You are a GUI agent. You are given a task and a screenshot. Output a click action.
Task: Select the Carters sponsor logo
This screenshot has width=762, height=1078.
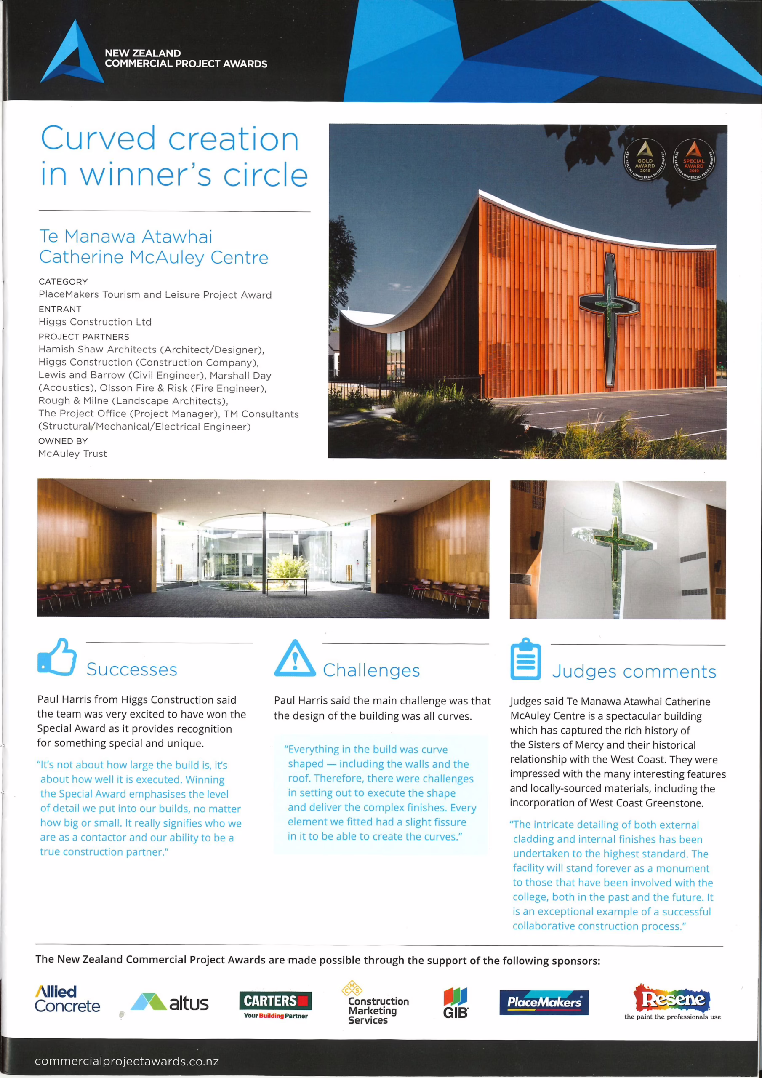coord(275,1004)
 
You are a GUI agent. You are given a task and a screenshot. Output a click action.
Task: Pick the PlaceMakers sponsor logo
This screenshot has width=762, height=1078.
coord(544,1002)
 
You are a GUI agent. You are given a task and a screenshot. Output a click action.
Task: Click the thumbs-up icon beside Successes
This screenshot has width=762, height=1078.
coord(57,657)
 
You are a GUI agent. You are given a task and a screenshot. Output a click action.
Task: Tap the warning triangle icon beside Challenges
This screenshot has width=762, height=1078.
coord(294,658)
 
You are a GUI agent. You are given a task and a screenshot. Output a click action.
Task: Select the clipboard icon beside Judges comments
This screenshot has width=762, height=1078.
coord(525,659)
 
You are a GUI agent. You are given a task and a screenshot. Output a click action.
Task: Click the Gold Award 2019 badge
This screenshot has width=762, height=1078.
coord(645,160)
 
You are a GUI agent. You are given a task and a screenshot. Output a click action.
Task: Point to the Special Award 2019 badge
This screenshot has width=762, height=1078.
coord(693,160)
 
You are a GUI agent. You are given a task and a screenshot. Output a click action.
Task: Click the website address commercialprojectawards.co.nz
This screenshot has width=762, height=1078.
coord(127,1061)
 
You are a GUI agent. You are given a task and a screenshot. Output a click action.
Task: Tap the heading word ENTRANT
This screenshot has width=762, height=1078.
coord(60,309)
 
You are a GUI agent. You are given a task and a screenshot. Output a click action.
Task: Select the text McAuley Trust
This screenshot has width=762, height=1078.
coord(72,454)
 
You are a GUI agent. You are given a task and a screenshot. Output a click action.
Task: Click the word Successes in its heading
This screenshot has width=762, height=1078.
coord(131,670)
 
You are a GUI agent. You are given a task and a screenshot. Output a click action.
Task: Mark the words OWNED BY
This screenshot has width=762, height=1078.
coord(56,441)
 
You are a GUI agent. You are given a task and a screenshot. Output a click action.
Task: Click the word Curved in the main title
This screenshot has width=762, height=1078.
coord(98,139)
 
